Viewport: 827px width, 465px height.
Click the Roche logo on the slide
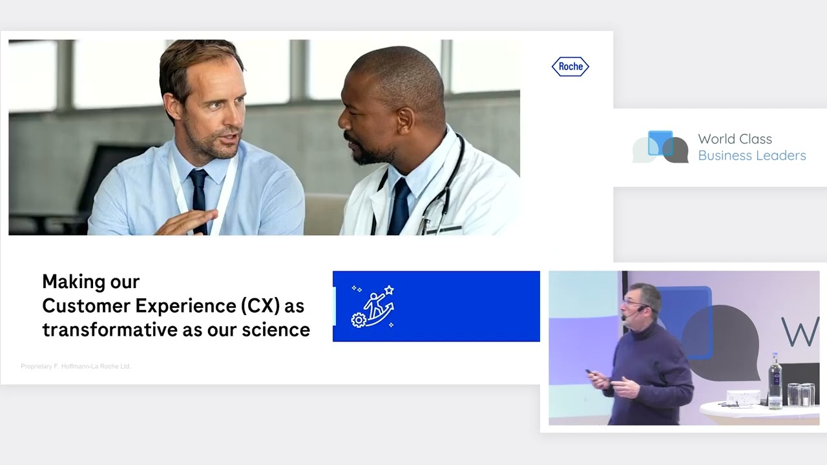tap(570, 67)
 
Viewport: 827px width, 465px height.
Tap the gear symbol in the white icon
tap(359, 319)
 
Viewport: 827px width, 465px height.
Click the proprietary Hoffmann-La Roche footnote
tap(76, 366)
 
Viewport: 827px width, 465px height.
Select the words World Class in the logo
tap(735, 139)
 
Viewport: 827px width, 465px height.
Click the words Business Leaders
tap(751, 156)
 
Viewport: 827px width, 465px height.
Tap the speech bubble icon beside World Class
tap(660, 147)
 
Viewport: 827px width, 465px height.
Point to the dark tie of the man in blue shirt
tap(198, 194)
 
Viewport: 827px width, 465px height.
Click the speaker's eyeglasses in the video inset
tap(631, 302)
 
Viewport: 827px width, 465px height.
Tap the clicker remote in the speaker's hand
tap(589, 372)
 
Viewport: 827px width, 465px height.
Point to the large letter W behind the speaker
tap(800, 331)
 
